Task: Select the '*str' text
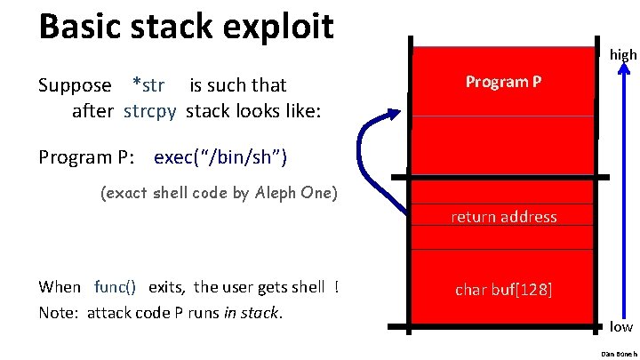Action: (148, 85)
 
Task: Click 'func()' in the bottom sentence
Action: (116, 286)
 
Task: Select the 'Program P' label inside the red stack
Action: (503, 83)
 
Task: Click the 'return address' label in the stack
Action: (503, 217)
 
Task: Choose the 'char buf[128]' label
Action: (503, 289)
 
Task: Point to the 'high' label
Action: (623, 55)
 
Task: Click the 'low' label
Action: (621, 327)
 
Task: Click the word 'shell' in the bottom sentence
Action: (307, 286)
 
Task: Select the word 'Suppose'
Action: (76, 85)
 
